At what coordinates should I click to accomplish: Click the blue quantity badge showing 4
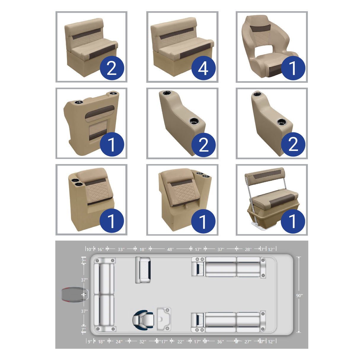point(203,68)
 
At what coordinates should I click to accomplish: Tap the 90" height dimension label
point(299,295)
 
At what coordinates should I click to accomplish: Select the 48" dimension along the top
point(170,249)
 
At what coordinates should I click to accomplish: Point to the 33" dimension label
point(121,249)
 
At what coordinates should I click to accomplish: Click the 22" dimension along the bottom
point(181,342)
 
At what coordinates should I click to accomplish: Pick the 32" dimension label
point(143,342)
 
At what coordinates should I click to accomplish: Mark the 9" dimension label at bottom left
point(90,342)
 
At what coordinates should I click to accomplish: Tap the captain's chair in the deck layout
point(143,320)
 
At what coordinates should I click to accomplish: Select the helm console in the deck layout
point(164,319)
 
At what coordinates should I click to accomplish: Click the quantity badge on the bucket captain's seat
point(293,68)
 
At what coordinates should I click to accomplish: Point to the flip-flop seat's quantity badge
point(293,221)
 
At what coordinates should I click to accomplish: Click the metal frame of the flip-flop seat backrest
point(249,190)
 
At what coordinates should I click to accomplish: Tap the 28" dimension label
point(248,249)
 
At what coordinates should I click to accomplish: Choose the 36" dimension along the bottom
point(220,342)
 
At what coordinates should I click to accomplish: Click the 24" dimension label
point(119,342)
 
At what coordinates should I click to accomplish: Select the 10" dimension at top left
point(89,249)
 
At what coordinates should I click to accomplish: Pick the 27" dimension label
point(248,342)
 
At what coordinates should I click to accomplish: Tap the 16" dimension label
point(101,249)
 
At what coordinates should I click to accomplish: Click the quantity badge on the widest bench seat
point(203,68)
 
